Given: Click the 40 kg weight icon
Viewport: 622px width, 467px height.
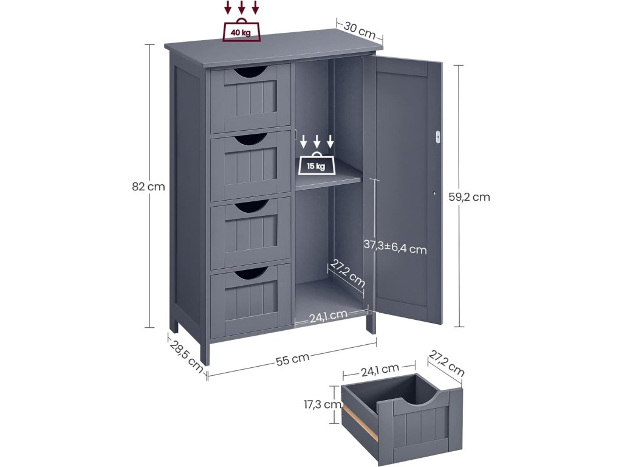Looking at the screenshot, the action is point(241,32).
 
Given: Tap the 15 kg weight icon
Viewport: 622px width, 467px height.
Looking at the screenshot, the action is point(316,165).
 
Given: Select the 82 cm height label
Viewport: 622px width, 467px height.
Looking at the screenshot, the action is point(148,187).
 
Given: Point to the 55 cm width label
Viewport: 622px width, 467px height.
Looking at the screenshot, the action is point(292,359).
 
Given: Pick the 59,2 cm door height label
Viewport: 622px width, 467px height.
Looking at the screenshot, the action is point(473,196).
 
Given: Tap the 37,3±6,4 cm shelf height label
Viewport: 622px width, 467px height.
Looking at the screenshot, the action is point(395,247).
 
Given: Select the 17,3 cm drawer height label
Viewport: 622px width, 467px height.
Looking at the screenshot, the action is point(322,403).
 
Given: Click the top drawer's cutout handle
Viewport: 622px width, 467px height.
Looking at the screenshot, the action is point(250,73).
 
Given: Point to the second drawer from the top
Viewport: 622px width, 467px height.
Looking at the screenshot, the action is point(250,164).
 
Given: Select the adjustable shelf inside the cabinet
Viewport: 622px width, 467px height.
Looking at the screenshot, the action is point(329,180).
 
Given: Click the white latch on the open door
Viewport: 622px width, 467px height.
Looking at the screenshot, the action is point(437,136).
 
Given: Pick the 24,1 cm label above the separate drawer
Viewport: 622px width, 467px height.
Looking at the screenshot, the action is point(380,368).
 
